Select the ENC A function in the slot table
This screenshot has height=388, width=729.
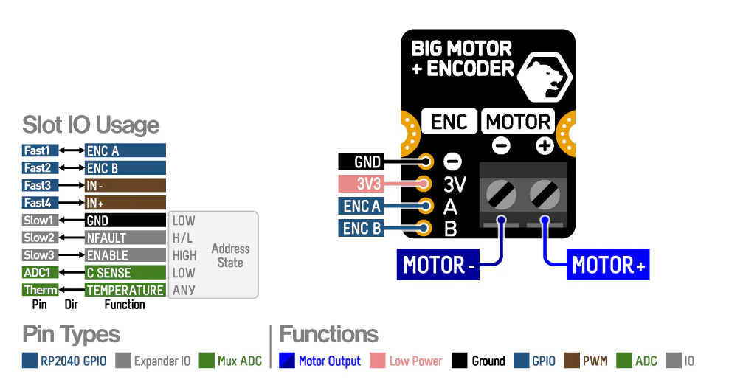[x=125, y=150]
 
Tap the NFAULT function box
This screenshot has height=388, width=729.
[x=125, y=238]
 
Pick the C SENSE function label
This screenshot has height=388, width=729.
[x=125, y=273]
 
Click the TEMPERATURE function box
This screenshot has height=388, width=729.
[x=125, y=291]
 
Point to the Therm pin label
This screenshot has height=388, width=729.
[x=41, y=291]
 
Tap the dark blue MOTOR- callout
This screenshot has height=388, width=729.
[x=438, y=266]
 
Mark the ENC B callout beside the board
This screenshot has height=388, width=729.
[x=362, y=229]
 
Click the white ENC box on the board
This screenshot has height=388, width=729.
[x=449, y=121]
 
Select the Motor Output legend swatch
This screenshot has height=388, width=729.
[x=287, y=361]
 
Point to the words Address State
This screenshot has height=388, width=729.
[x=229, y=255]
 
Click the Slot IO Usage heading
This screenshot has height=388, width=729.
[x=91, y=125]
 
